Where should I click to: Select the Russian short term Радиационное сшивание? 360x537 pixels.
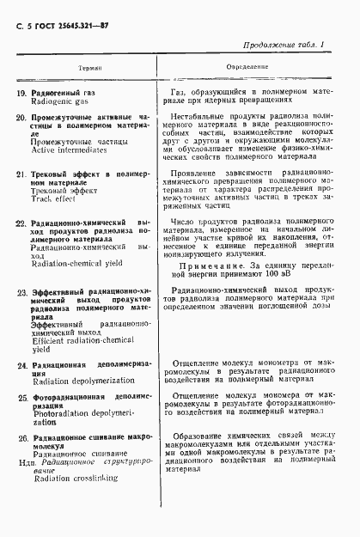coord(81,477)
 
